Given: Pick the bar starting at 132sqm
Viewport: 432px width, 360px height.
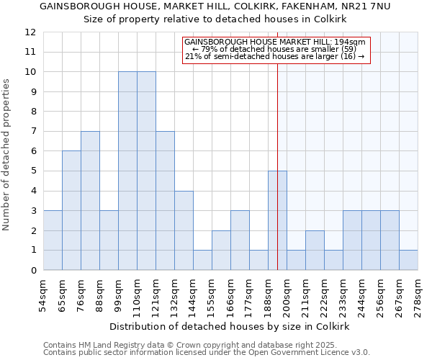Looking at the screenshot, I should pos(184,230).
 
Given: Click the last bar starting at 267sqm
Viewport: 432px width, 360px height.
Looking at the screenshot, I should pos(408,260).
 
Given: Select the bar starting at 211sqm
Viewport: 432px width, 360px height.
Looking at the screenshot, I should pos(315,250).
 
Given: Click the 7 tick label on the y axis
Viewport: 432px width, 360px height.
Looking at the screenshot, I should pos(33,132).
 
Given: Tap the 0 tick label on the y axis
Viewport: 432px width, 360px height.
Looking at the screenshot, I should pos(33,271).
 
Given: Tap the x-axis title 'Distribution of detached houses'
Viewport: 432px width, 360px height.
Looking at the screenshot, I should pos(230,326).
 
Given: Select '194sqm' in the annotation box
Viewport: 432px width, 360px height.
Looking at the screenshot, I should pos(352,42).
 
